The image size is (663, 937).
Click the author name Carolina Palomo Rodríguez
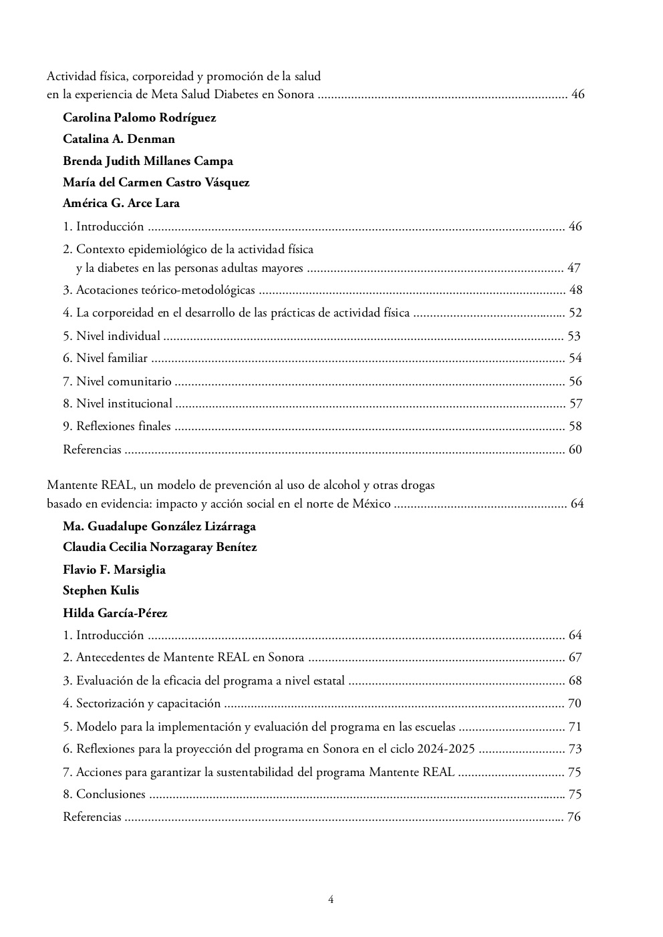[x=139, y=118]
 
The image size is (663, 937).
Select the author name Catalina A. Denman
[x=119, y=140]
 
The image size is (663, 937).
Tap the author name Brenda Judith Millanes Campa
[x=148, y=162]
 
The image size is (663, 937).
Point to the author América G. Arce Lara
[x=121, y=203]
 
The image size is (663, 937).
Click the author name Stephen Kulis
[x=101, y=590]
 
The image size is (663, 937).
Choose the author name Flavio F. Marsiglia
[x=114, y=570]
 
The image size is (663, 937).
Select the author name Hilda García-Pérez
[x=115, y=613]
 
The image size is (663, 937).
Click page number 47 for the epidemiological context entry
[x=573, y=268]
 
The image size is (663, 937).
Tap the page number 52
[x=575, y=313]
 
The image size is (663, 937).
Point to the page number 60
[x=575, y=449]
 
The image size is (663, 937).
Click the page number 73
[x=575, y=749]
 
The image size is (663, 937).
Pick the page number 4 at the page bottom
[x=331, y=899]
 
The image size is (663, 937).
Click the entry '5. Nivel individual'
[x=112, y=336]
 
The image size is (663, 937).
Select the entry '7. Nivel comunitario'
[x=117, y=381]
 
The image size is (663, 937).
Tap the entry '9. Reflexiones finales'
[x=117, y=426]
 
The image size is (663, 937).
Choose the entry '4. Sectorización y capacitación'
[x=142, y=703]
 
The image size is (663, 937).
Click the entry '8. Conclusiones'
[x=104, y=794]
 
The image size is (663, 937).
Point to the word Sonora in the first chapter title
[x=296, y=95]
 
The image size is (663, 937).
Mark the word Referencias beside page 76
[x=92, y=817]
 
